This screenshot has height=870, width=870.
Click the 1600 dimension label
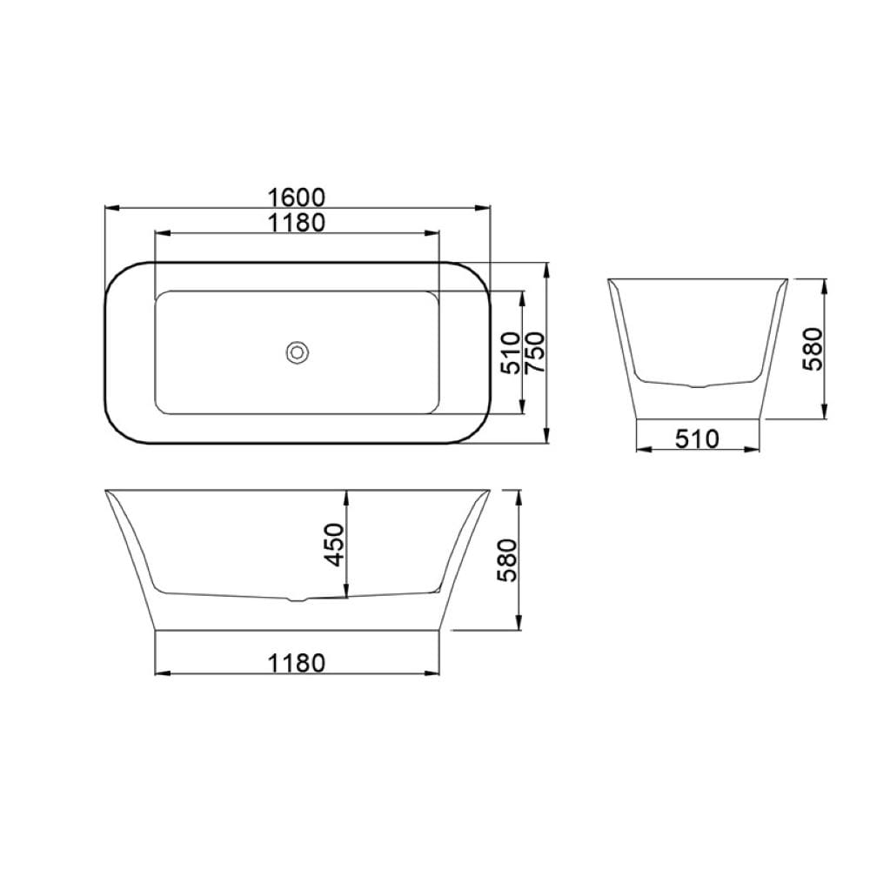[297, 197]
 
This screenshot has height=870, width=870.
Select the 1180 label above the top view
[297, 223]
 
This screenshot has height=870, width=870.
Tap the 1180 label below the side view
[297, 663]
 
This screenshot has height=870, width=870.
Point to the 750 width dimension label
[536, 352]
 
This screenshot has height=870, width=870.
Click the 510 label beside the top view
[511, 352]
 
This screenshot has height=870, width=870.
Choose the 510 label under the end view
[697, 439]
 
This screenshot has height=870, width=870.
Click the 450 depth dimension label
[335, 545]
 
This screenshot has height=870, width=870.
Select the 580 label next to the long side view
[506, 560]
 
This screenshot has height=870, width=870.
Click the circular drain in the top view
[298, 351]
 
